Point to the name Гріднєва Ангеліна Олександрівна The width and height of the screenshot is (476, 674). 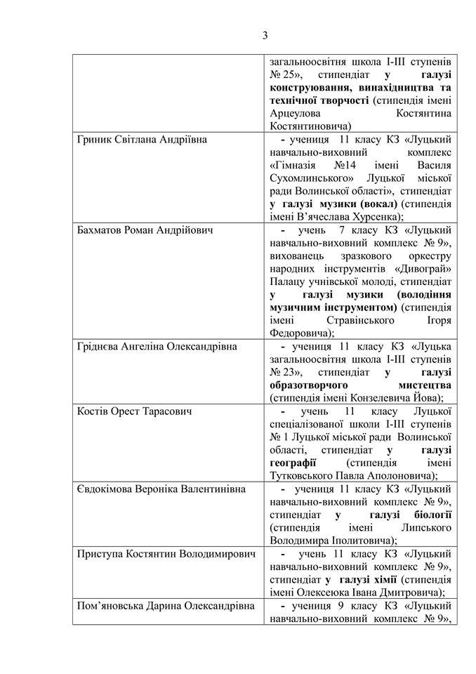point(157,346)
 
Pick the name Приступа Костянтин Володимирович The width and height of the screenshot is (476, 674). point(165,553)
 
